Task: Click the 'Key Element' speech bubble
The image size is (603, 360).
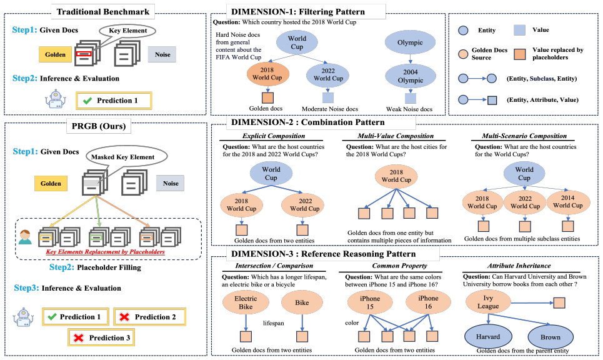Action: (x=127, y=31)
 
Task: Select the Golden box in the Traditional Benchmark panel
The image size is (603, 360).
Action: (x=55, y=54)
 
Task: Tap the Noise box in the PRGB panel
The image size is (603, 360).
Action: (x=171, y=183)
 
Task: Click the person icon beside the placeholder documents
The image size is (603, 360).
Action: (x=25, y=237)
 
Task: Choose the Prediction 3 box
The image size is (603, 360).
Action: (x=101, y=337)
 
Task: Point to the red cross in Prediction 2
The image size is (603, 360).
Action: (x=124, y=317)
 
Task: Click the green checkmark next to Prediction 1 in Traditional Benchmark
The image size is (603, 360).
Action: (x=87, y=101)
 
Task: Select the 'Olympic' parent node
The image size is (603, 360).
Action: (x=410, y=42)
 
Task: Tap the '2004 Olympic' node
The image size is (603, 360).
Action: (x=411, y=76)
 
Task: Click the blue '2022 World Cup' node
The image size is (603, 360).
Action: (x=327, y=75)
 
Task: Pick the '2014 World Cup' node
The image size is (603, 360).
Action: (x=568, y=201)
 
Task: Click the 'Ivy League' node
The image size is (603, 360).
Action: (x=488, y=302)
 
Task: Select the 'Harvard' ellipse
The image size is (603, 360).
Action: (x=488, y=337)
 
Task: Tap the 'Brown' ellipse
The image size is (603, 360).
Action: (x=551, y=337)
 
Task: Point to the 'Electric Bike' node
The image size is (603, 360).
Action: (x=246, y=302)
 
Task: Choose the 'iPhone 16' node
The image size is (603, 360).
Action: (x=428, y=302)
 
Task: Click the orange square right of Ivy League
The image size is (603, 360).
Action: (x=559, y=302)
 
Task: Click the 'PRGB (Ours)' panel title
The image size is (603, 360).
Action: (x=99, y=126)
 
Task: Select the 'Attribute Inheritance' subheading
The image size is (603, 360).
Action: (x=519, y=266)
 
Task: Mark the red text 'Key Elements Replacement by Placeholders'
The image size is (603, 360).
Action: (x=106, y=252)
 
